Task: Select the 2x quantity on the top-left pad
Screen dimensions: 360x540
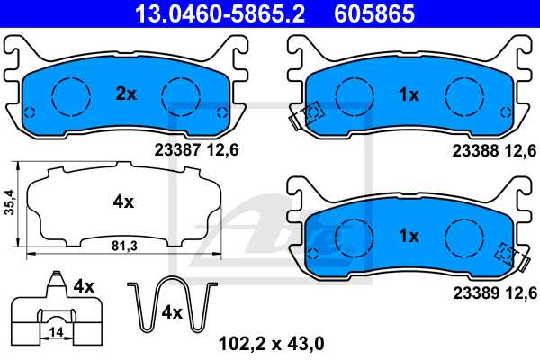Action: pos(126,93)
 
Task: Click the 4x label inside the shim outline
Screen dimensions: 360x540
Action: pos(123,203)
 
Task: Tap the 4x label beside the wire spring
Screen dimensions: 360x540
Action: pos(171,312)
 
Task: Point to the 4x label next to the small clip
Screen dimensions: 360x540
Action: pos(84,285)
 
